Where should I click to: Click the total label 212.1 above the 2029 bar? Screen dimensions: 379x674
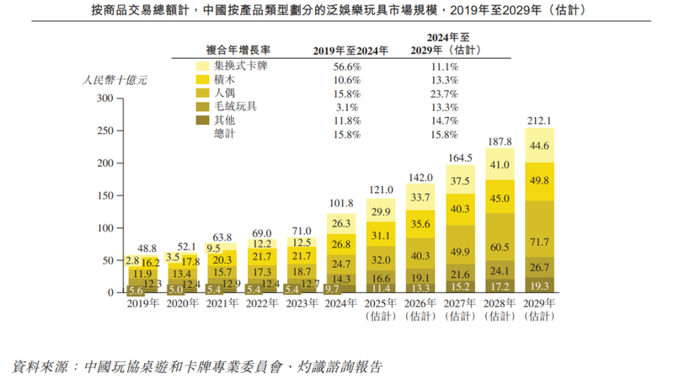click(538, 120)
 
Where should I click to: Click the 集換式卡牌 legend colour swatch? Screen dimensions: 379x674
click(201, 66)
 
